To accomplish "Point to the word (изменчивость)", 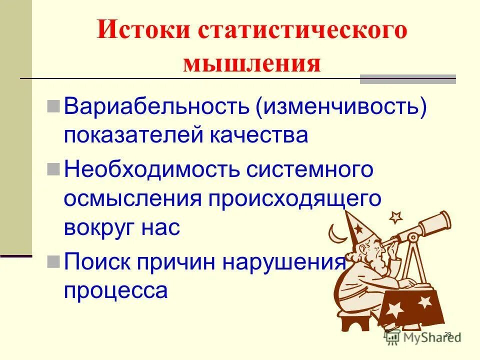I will click(x=342, y=108).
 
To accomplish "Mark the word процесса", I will click(x=115, y=290).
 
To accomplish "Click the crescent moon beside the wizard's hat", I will click(x=334, y=233).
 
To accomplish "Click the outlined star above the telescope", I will click(x=395, y=217).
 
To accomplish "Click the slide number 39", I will click(x=447, y=334).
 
